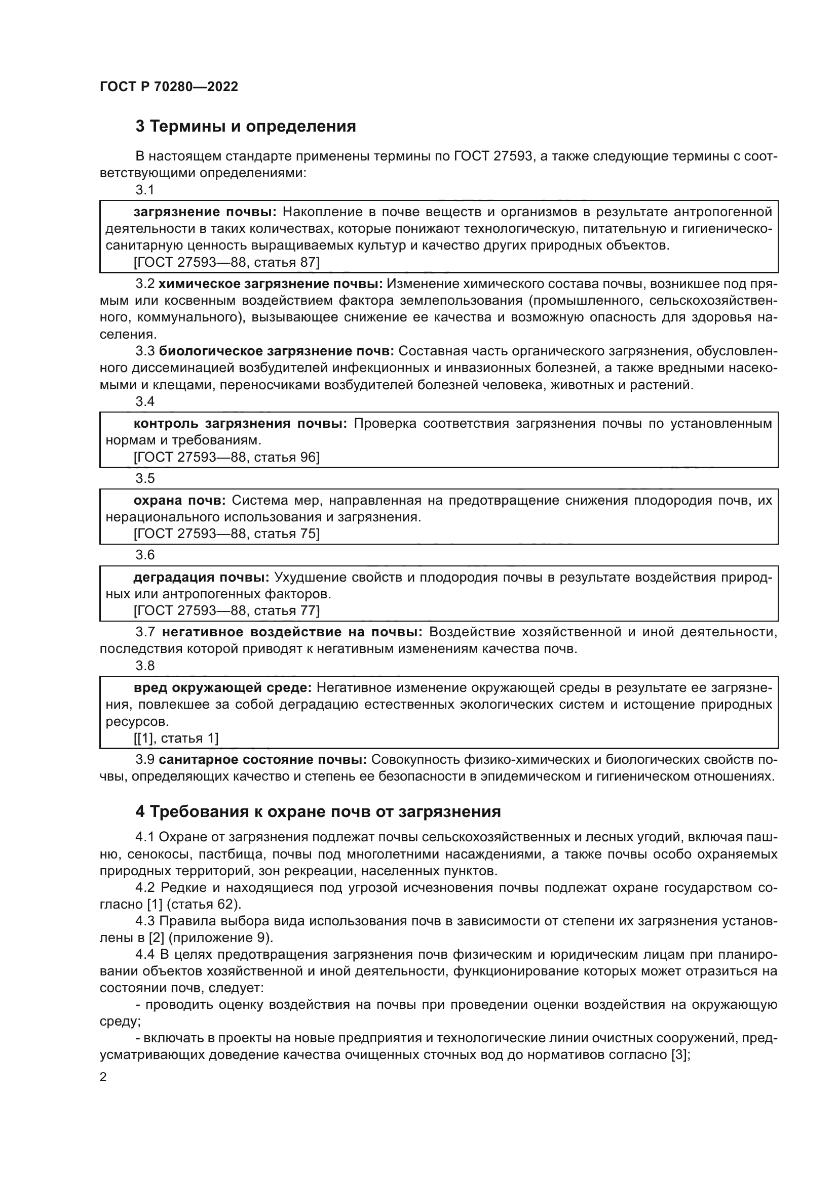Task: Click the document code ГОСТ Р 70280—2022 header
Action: [169, 87]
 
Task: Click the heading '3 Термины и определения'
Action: [246, 127]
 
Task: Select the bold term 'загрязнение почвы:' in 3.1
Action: [205, 212]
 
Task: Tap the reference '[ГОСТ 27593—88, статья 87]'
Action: [226, 263]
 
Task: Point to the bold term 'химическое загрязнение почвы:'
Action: [271, 283]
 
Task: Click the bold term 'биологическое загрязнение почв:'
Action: [276, 351]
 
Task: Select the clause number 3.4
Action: [145, 401]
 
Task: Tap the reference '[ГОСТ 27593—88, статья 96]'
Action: [226, 457]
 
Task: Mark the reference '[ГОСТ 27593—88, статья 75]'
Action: [226, 534]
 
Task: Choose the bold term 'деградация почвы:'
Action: [201, 577]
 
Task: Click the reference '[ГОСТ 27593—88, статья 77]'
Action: [226, 610]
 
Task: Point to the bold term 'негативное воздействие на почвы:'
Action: [292, 632]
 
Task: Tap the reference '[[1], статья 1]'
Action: [176, 738]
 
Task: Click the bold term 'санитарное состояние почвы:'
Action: [262, 760]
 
